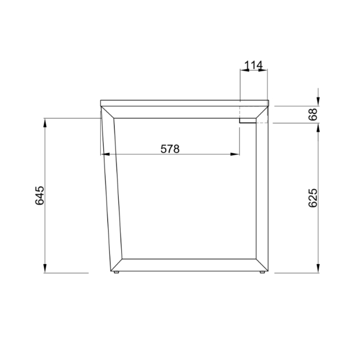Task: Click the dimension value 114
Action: (253, 65)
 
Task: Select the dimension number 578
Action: (170, 149)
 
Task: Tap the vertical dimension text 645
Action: (39, 196)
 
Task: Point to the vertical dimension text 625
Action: (313, 198)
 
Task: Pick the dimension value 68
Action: (313, 115)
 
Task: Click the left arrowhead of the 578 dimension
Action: (106, 154)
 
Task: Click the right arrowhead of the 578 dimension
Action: (235, 154)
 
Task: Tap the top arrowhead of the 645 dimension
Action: (45, 123)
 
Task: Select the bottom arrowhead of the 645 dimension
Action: (45, 268)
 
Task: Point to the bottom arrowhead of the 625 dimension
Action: (318, 268)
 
